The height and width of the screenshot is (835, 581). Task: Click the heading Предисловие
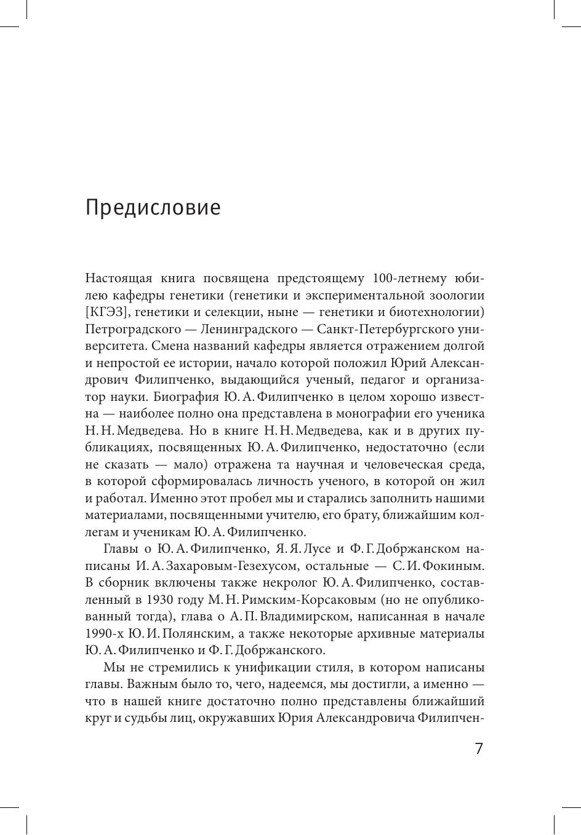pos(153,208)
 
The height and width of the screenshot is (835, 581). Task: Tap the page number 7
pos(479,749)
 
